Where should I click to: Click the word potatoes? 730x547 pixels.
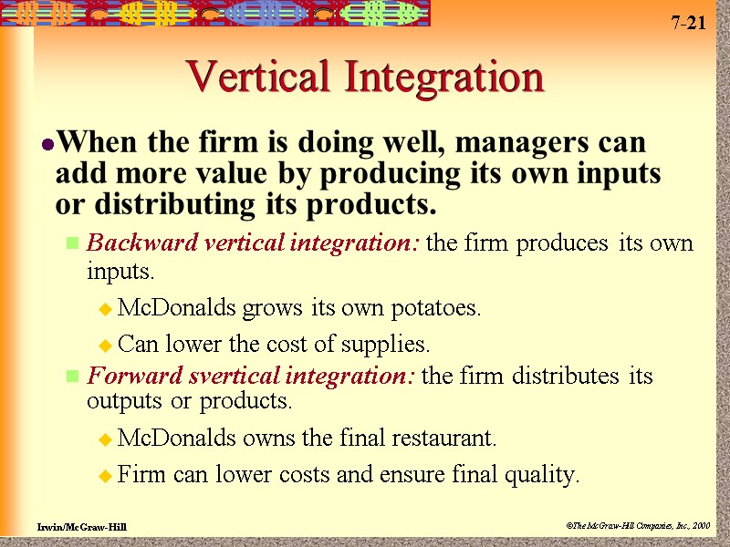coord(432,308)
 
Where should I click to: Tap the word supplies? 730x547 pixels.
coord(386,345)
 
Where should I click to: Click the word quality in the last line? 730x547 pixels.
coord(542,475)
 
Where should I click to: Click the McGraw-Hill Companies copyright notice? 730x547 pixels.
coord(637,526)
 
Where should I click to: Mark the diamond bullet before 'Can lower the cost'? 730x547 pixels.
coord(105,346)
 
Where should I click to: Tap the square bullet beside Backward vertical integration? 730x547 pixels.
coord(72,244)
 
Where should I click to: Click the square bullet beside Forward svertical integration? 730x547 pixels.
coord(72,377)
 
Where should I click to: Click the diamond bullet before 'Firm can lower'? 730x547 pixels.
coord(105,476)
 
